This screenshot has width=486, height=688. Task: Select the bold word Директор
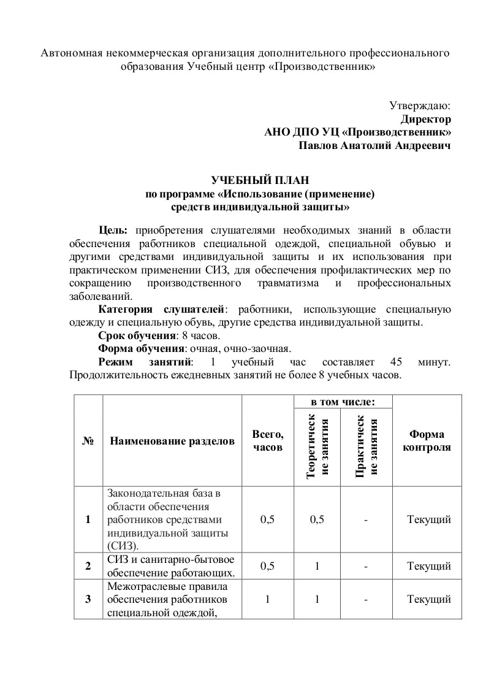click(x=426, y=119)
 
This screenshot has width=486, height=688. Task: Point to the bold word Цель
click(x=113, y=230)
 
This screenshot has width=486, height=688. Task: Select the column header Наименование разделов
click(x=172, y=441)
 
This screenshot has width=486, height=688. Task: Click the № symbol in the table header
click(x=88, y=441)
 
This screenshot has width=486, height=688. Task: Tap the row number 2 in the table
click(x=88, y=566)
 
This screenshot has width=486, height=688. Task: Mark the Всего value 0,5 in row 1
click(x=268, y=519)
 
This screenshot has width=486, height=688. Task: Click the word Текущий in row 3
click(x=429, y=598)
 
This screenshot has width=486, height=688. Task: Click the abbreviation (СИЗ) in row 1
click(x=123, y=545)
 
